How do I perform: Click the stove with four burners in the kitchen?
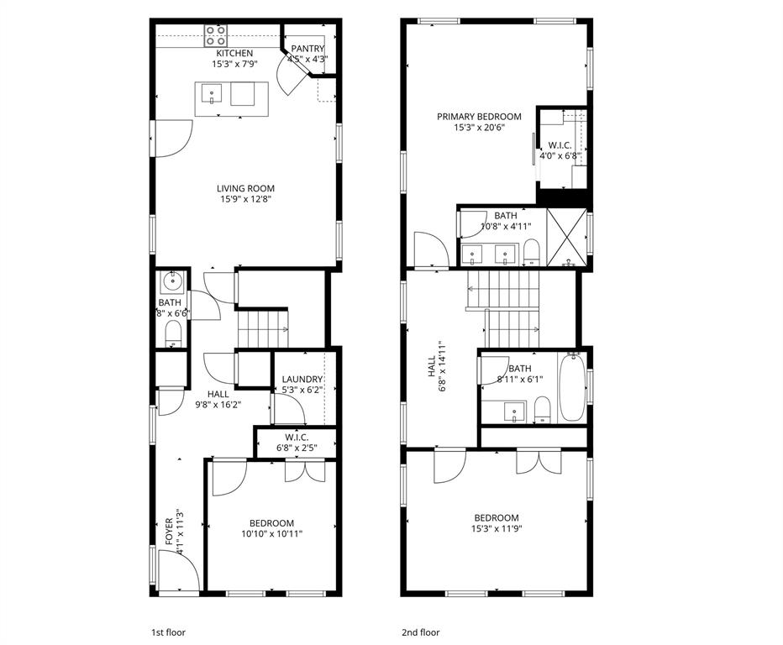216,35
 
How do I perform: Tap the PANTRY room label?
307,50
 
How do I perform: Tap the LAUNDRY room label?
302,380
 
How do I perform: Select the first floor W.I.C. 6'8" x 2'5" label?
297,443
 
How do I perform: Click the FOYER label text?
170,532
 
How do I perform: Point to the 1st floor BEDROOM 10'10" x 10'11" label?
271,527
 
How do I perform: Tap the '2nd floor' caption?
420,632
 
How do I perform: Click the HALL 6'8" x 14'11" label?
436,366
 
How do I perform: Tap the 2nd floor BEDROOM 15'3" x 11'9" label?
496,523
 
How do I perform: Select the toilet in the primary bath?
532,251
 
